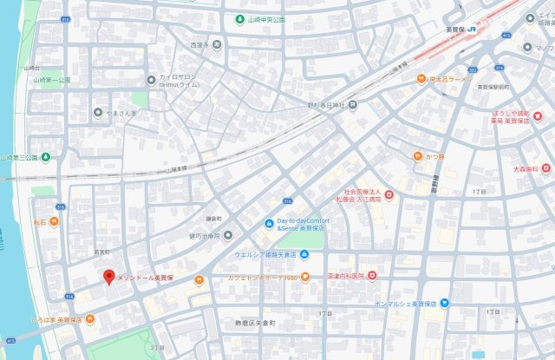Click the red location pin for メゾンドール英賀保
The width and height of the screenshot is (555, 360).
pyautogui.click(x=108, y=277)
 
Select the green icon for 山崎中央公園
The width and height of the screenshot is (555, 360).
pyautogui.click(x=239, y=18)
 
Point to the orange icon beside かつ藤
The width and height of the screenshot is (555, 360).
pyautogui.click(x=416, y=156)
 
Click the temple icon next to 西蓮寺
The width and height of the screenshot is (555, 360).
pyautogui.click(x=216, y=43)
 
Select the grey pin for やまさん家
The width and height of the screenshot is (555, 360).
pyautogui.click(x=97, y=113)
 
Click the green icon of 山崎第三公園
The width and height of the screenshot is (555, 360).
pyautogui.click(x=45, y=157)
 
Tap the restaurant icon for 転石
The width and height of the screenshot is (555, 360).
pyautogui.click(x=54, y=222)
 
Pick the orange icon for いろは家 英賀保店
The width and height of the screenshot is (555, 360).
pyautogui.click(x=90, y=320)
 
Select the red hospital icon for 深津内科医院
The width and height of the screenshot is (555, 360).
pyautogui.click(x=372, y=276)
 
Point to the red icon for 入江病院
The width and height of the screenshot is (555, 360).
pyautogui.click(x=389, y=195)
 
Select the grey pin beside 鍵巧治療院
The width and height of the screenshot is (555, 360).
pyautogui.click(x=228, y=235)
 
